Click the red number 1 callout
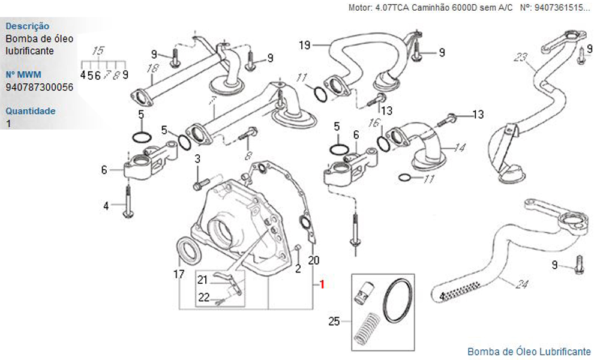pyautogui.click(x=322, y=284)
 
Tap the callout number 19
pyautogui.click(x=305, y=46)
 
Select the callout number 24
pyautogui.click(x=521, y=284)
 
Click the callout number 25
pyautogui.click(x=334, y=322)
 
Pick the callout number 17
pyautogui.click(x=179, y=274)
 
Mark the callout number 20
pyautogui.click(x=314, y=260)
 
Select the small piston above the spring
pyautogui.click(x=365, y=293)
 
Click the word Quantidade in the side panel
pyautogui.click(x=30, y=111)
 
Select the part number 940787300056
pyautogui.click(x=40, y=87)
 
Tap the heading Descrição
pyautogui.click(x=27, y=26)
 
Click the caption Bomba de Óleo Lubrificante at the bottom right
pyautogui.click(x=529, y=351)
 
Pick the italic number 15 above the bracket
pyautogui.click(x=98, y=51)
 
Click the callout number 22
pyautogui.click(x=204, y=297)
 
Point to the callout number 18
pyautogui.click(x=152, y=68)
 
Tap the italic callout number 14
pyautogui.click(x=459, y=148)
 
